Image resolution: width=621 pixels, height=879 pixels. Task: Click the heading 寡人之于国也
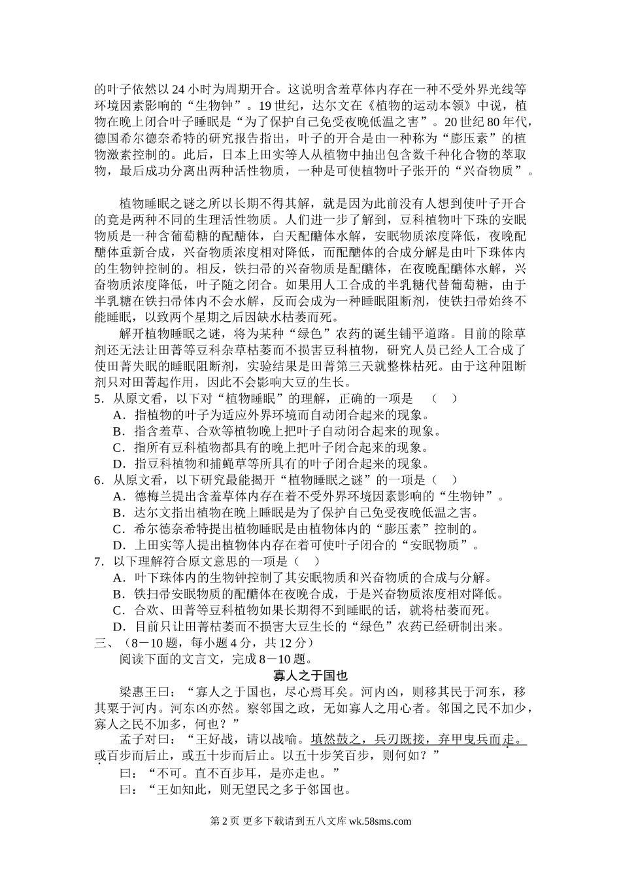tap(310, 675)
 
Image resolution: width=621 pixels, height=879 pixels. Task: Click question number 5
tap(99, 399)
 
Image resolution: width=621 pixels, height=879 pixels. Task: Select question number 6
tap(99, 481)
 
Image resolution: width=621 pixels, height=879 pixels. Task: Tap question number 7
tap(99, 562)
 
